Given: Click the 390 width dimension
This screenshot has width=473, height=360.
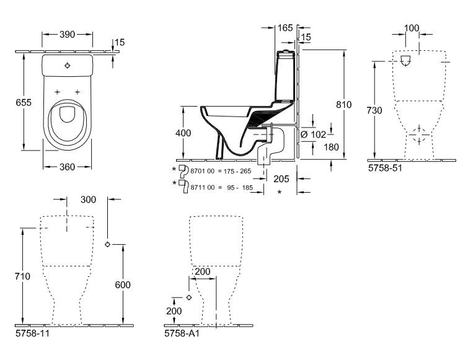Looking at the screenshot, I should point(68,34).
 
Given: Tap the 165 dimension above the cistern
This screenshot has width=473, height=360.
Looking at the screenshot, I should point(285,27).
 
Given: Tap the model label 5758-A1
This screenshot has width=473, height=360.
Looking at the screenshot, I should point(182,333).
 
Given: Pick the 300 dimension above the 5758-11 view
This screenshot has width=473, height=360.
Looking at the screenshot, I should point(89,200).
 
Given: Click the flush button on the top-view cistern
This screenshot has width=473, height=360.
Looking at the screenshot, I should point(68,65).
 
